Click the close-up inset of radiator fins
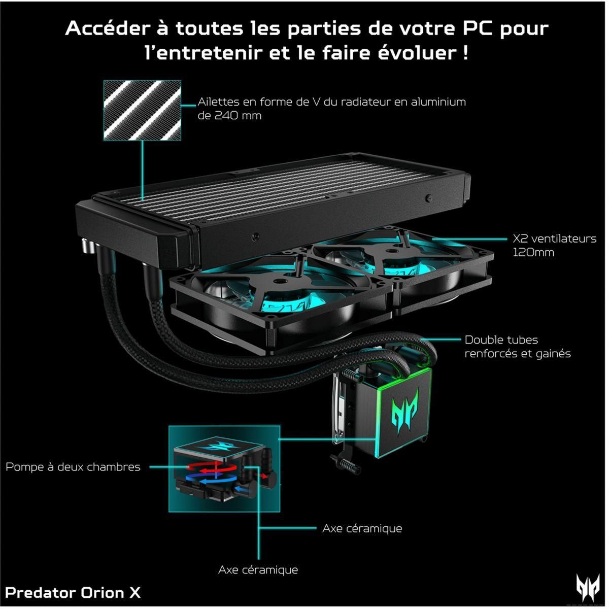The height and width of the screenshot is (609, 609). point(142,110)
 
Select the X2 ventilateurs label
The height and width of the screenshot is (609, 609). point(554,239)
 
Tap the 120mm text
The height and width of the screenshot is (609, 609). point(533,252)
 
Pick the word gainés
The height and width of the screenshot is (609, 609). point(552,353)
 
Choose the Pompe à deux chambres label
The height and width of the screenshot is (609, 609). point(73,467)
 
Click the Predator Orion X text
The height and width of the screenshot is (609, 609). point(73,592)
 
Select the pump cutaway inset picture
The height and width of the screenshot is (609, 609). point(224,468)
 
